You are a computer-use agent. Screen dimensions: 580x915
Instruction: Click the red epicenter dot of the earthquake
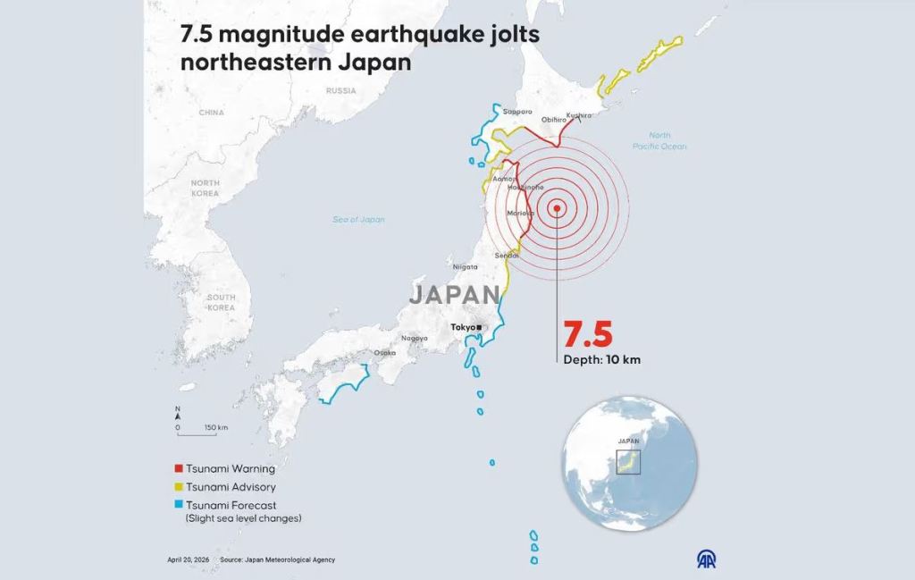click(557, 209)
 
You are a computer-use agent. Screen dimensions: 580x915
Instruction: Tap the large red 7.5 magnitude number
click(587, 334)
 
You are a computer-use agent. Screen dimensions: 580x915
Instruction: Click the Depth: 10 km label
click(601, 360)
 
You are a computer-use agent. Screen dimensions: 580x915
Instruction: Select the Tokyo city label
click(464, 328)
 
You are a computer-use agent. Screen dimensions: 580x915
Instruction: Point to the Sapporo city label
click(517, 112)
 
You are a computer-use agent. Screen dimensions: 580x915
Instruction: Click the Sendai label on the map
click(507, 256)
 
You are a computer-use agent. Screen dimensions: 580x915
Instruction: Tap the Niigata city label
click(466, 267)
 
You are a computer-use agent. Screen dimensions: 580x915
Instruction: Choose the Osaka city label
click(384, 353)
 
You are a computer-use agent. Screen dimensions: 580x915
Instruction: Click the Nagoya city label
click(414, 338)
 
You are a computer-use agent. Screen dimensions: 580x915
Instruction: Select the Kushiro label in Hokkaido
click(579, 115)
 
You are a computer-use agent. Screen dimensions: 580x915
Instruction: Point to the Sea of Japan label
click(358, 219)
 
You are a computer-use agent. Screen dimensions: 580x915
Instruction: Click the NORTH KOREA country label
click(205, 188)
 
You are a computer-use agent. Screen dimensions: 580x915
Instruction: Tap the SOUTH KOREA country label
click(221, 302)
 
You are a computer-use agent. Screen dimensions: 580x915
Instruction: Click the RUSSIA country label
click(340, 90)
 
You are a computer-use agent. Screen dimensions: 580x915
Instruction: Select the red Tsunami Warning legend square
click(179, 468)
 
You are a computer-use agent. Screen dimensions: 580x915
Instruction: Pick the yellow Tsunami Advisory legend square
click(179, 487)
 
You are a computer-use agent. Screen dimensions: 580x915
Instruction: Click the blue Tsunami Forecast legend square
click(179, 506)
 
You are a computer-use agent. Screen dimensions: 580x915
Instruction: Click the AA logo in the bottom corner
click(706, 559)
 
